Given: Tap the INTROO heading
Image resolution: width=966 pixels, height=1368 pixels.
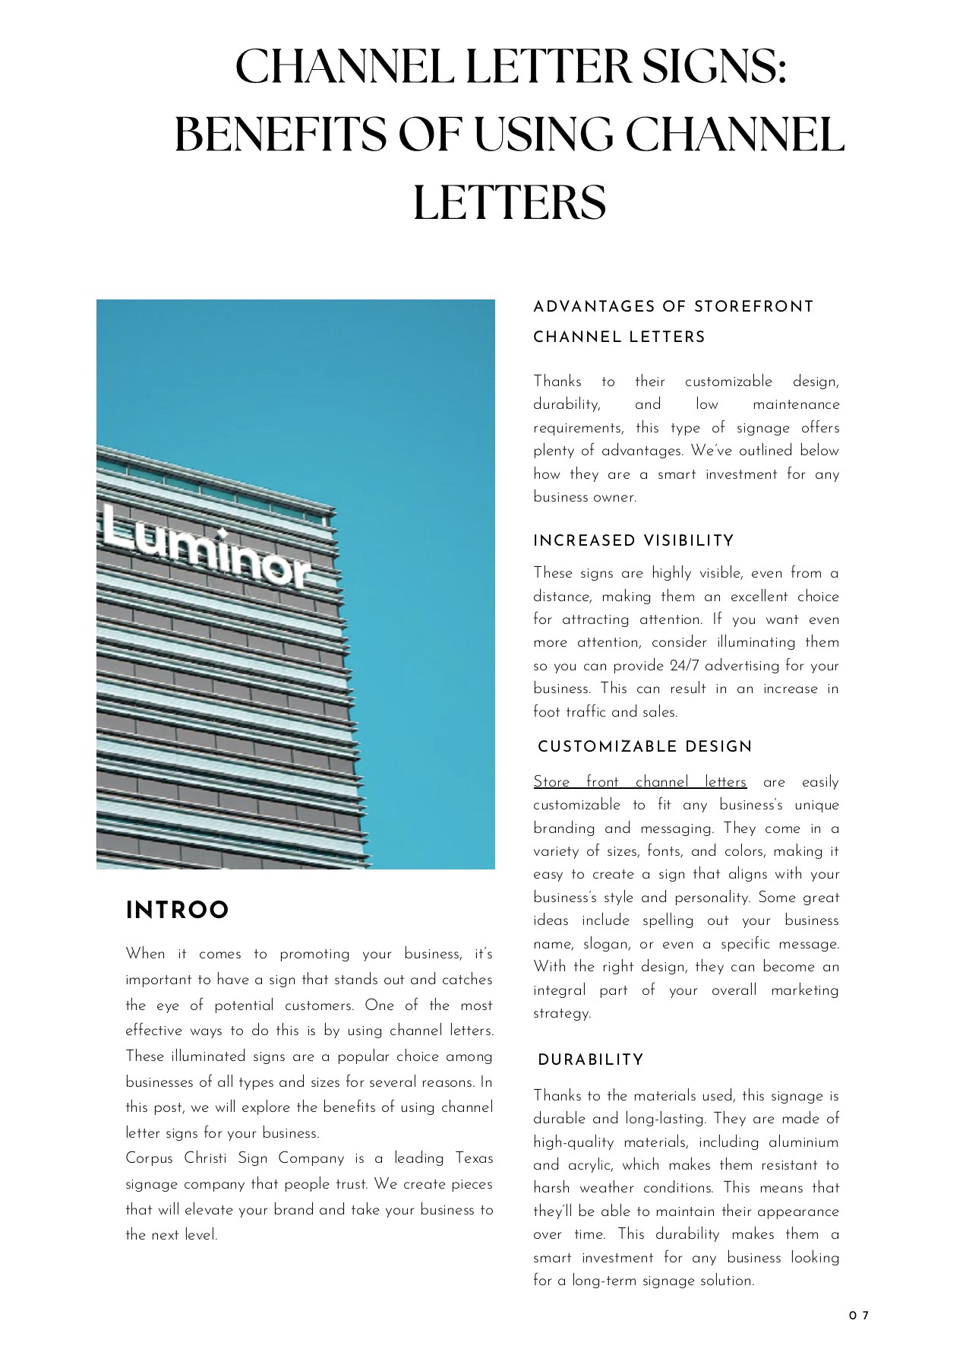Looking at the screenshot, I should tap(177, 910).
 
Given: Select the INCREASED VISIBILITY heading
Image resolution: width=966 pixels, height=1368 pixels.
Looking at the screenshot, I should tap(633, 541).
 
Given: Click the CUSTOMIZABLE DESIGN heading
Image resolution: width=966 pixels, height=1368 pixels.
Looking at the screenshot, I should tap(644, 746).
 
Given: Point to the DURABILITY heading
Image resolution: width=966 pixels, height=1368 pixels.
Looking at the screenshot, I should tap(590, 1060).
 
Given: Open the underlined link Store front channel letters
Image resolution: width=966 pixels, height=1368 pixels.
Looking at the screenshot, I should tap(639, 782).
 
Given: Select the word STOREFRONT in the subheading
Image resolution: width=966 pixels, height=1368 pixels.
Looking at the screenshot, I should tap(753, 307).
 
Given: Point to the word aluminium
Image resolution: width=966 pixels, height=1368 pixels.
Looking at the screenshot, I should tap(803, 1142).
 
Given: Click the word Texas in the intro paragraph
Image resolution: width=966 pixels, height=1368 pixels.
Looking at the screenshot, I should tap(474, 1159).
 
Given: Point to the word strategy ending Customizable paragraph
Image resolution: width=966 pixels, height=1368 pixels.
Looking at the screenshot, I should tap(560, 1014).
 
